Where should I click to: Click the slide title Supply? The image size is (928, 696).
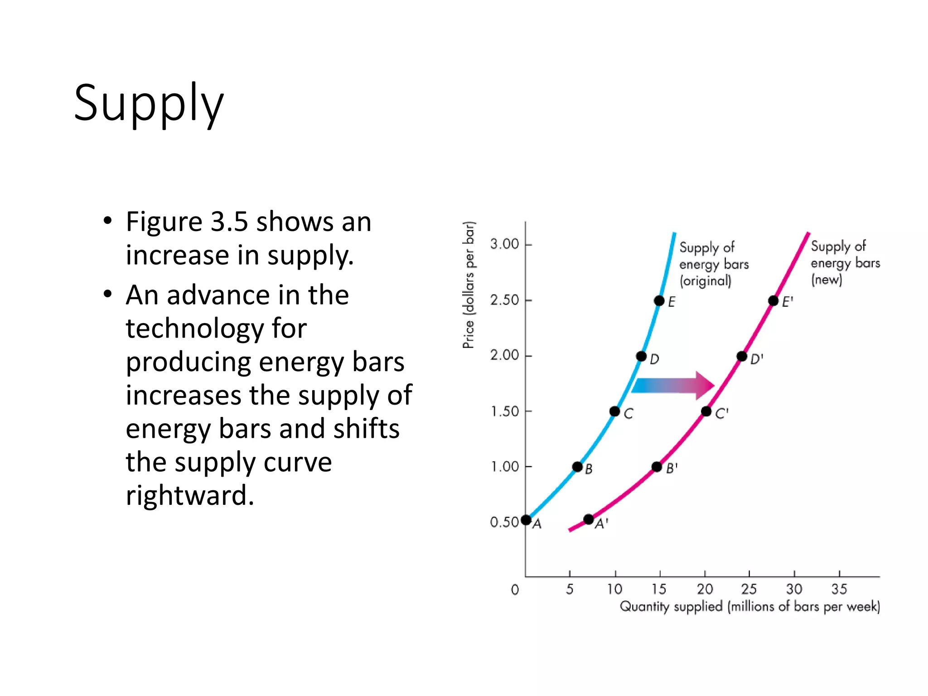pyautogui.click(x=149, y=103)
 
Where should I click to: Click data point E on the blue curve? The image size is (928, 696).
pyautogui.click(x=659, y=301)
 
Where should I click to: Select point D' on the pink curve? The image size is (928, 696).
pyautogui.click(x=742, y=357)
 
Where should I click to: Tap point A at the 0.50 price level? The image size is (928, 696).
pyautogui.click(x=526, y=520)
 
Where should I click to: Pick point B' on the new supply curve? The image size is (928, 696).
pyautogui.click(x=657, y=467)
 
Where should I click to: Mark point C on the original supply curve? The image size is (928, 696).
pyautogui.click(x=614, y=411)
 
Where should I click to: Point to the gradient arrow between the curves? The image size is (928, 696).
pyautogui.click(x=673, y=386)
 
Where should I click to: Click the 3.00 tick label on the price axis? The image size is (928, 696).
pyautogui.click(x=504, y=244)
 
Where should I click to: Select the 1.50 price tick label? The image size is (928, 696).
pyautogui.click(x=505, y=411)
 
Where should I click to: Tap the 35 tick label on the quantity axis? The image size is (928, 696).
pyautogui.click(x=839, y=589)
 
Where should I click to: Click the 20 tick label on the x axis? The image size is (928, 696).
pyautogui.click(x=705, y=589)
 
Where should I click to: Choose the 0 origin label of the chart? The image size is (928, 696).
pyautogui.click(x=515, y=590)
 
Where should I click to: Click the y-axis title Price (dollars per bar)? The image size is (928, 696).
pyautogui.click(x=469, y=285)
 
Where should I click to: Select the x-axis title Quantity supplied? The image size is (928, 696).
pyautogui.click(x=749, y=606)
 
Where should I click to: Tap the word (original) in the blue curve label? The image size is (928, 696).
pyautogui.click(x=705, y=281)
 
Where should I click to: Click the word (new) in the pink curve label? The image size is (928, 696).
pyautogui.click(x=826, y=280)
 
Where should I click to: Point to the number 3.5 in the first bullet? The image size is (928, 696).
pyautogui.click(x=229, y=222)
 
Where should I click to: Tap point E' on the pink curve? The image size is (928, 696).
pyautogui.click(x=773, y=301)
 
